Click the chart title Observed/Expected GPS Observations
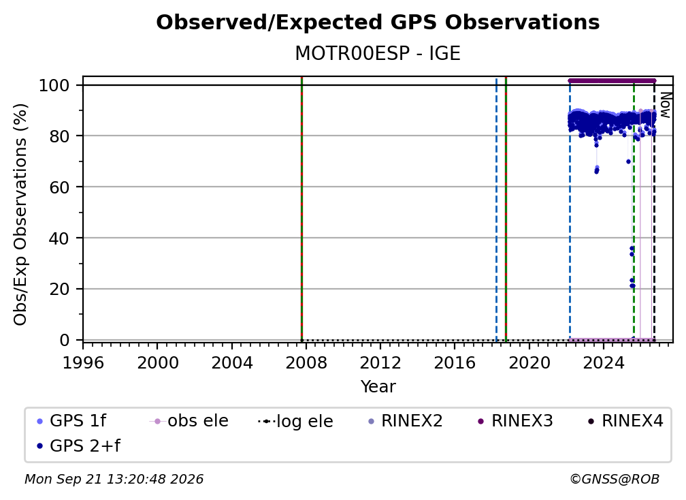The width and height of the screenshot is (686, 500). point(378,22)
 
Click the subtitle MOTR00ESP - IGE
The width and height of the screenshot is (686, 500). point(378,54)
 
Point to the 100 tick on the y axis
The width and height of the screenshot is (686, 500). point(54,85)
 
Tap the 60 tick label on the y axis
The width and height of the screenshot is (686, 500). point(59,187)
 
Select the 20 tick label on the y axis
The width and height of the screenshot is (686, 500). point(59,290)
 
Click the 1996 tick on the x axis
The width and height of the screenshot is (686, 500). point(83,363)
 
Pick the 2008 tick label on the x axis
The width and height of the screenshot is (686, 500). point(306,363)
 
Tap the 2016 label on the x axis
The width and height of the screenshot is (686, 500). point(455,363)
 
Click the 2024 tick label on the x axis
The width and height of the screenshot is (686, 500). point(603,363)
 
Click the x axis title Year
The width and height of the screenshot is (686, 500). point(378,387)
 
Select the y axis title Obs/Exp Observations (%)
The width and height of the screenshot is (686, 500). point(20,215)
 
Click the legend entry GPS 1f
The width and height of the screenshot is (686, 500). point(71,421)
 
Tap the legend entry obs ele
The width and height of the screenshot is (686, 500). point(189,421)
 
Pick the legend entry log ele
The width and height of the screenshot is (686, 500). point(296,422)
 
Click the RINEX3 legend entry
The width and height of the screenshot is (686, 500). point(515,421)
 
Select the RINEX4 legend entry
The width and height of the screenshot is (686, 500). point(625,421)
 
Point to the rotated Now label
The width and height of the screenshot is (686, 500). point(665,105)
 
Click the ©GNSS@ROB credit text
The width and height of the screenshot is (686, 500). point(615,480)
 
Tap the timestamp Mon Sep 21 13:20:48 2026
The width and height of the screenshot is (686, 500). point(114,480)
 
